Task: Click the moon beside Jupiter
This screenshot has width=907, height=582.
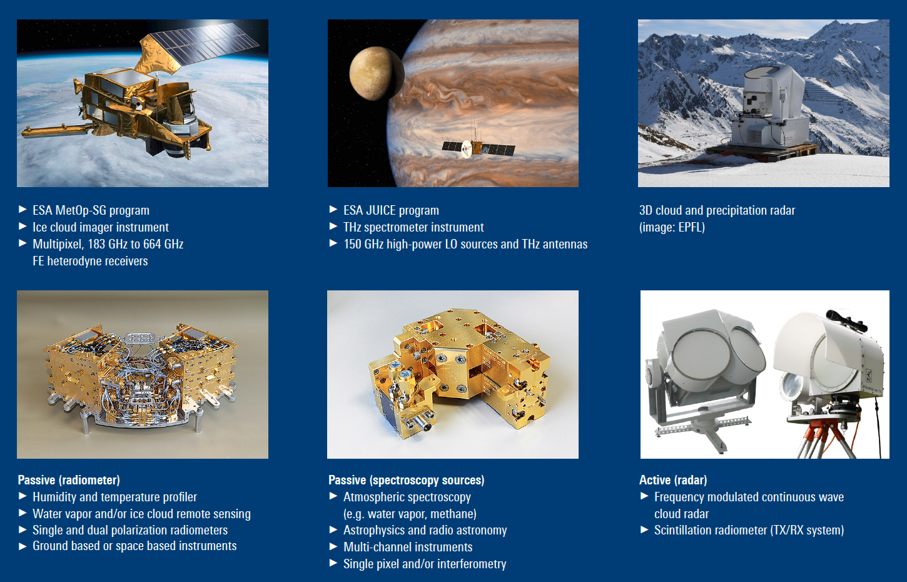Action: coord(377,73)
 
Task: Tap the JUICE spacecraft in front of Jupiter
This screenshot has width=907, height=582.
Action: coord(478,148)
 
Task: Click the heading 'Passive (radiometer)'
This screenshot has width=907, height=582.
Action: coord(69,481)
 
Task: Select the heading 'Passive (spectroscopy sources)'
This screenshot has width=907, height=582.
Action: coord(407,481)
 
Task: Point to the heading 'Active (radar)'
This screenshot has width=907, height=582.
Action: coord(673,481)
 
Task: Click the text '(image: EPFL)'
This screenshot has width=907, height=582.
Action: coord(672,228)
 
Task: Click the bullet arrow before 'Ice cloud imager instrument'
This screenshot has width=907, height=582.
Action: coord(23,227)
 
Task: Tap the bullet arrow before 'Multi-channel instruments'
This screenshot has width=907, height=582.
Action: coord(333,546)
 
